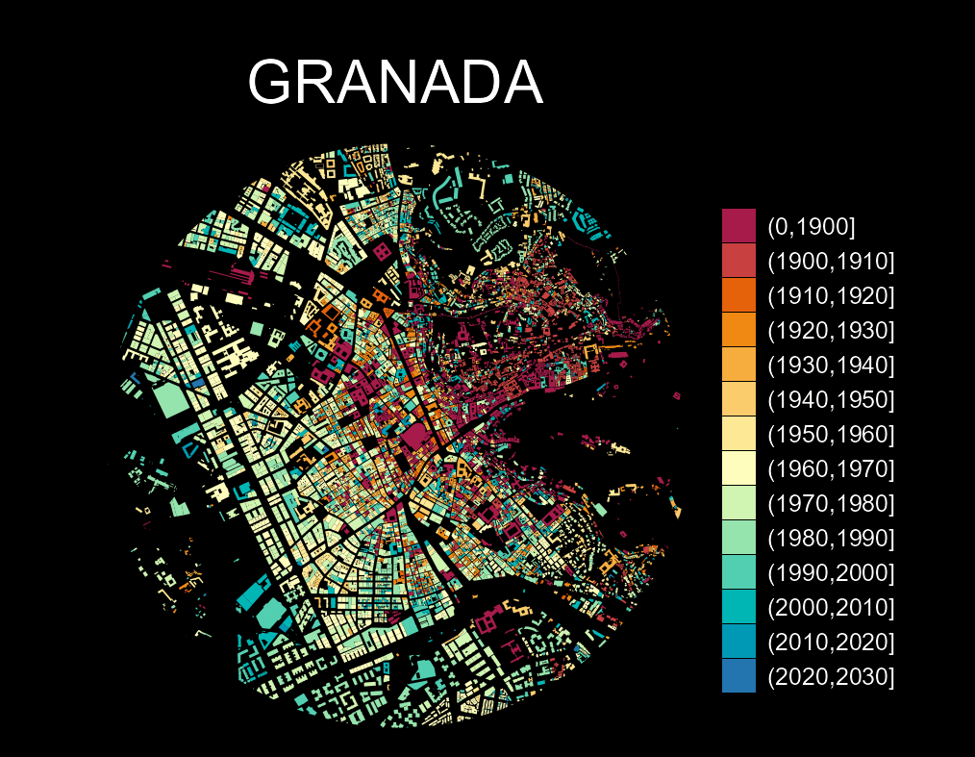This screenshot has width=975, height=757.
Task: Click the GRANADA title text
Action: pyautogui.click(x=395, y=83)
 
